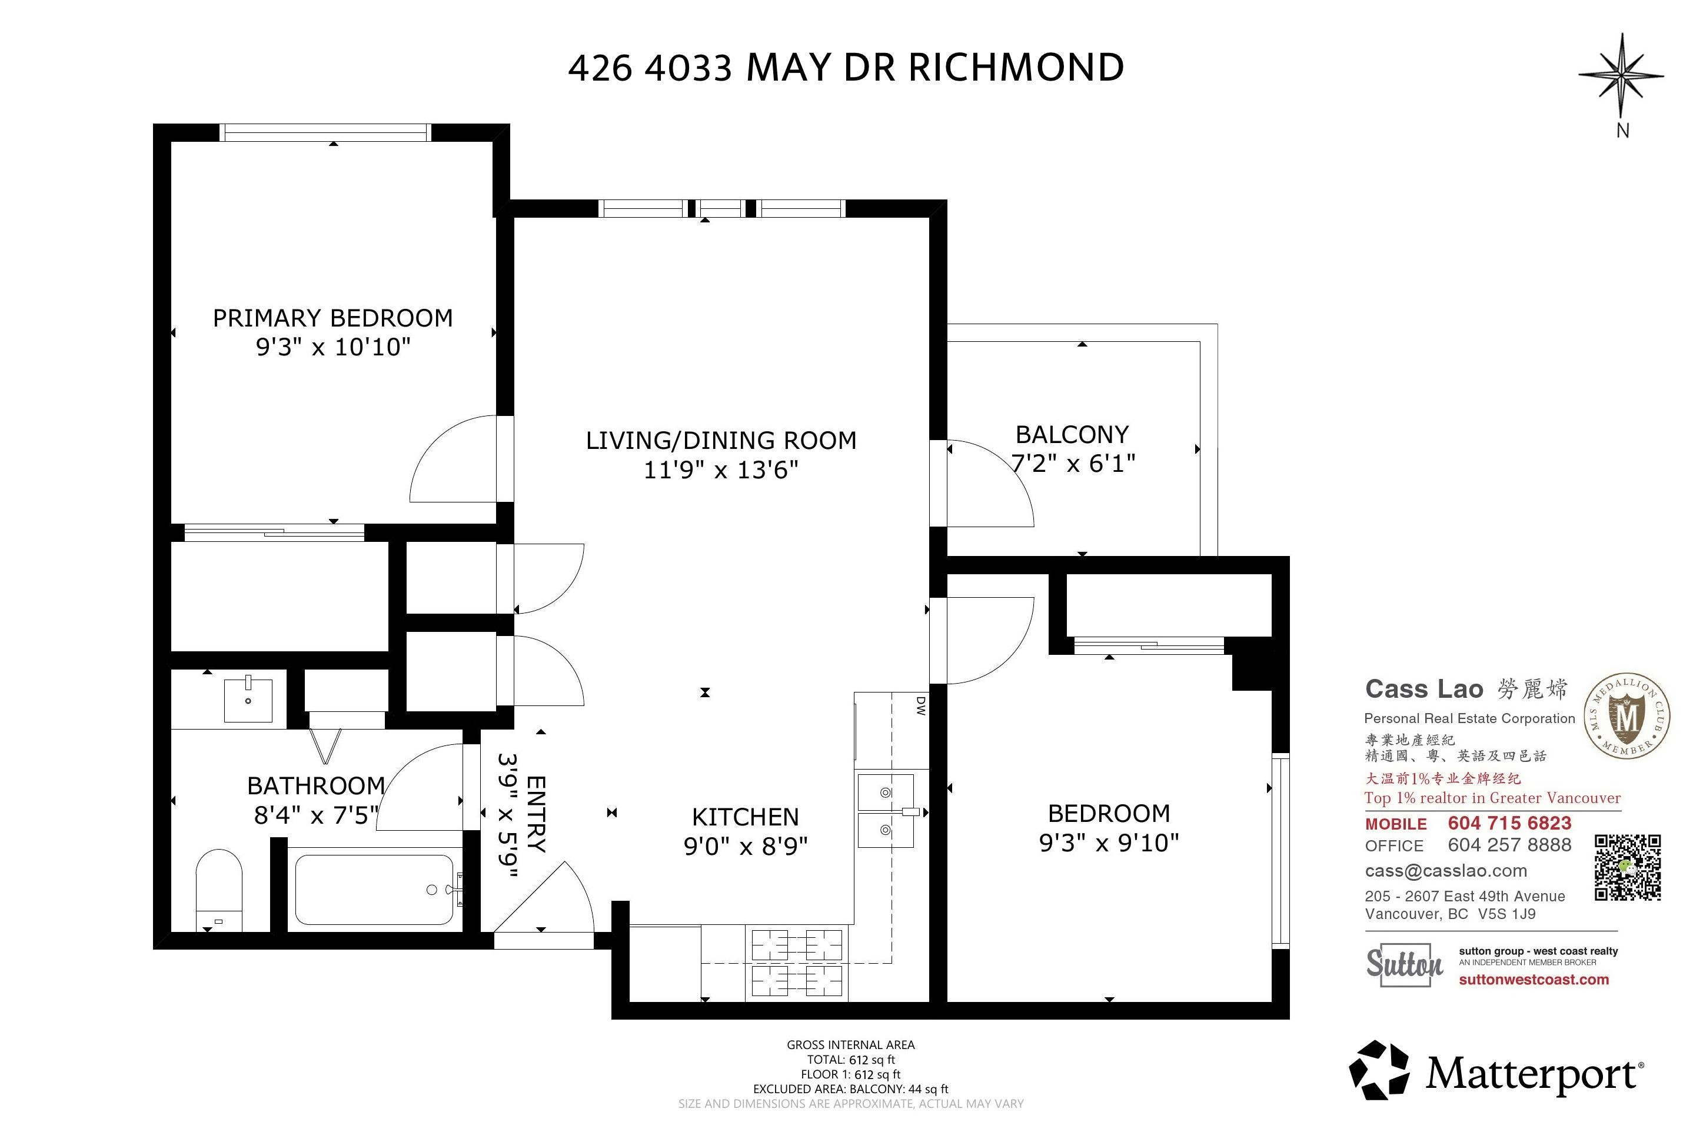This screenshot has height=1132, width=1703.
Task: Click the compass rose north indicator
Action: click(1621, 75)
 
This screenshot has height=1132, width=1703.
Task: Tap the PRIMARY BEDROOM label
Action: click(333, 318)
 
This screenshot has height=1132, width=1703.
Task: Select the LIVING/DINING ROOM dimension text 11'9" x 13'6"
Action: click(720, 470)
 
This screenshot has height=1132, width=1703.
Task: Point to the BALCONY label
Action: click(1072, 435)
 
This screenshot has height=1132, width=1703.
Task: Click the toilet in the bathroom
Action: click(219, 891)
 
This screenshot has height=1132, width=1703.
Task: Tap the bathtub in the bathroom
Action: click(375, 890)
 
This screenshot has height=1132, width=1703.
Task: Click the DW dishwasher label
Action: click(920, 705)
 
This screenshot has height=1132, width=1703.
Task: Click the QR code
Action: click(1628, 867)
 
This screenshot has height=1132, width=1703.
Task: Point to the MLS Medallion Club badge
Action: click(1627, 717)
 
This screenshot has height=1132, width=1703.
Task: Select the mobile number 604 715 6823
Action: click(1509, 823)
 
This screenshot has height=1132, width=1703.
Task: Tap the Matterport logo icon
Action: click(1379, 1069)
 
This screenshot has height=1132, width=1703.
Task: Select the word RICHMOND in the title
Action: click(1015, 68)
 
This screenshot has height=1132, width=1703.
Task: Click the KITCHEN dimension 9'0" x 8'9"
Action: click(745, 845)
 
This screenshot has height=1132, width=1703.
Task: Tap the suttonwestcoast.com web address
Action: click(1534, 980)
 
